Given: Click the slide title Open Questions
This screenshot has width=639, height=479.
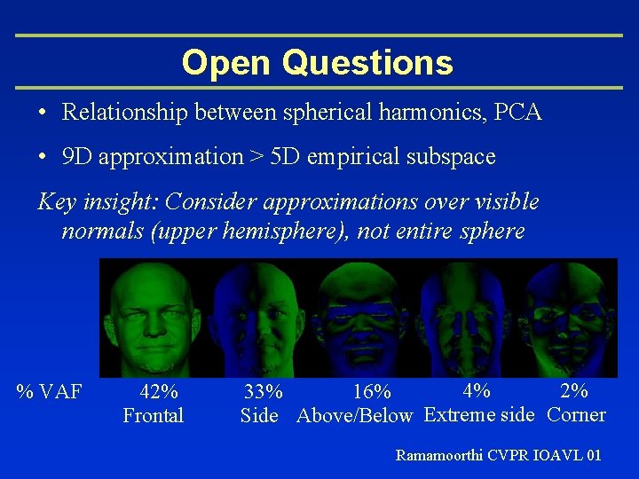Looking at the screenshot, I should (318, 63).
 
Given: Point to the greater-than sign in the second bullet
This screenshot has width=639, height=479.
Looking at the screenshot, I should (256, 157).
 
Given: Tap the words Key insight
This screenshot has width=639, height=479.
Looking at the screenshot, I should (93, 202).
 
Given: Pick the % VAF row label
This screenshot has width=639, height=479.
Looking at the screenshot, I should (51, 391).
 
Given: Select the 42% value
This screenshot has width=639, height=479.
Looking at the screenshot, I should (159, 391).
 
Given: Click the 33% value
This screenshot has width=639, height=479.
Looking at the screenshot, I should (264, 391).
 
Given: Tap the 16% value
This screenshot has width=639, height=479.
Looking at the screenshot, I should (371, 391).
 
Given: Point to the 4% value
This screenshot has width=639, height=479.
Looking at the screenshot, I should (477, 389).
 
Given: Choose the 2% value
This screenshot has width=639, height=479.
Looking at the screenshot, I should (574, 389).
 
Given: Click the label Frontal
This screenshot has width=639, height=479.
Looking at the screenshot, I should (153, 415).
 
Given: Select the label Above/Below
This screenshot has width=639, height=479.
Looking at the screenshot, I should (355, 415).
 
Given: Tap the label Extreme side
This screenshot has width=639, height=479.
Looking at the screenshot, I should (479, 414).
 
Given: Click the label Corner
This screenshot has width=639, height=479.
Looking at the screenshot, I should (577, 414).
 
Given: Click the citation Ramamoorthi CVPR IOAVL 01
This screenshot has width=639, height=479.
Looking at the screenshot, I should (498, 455).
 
